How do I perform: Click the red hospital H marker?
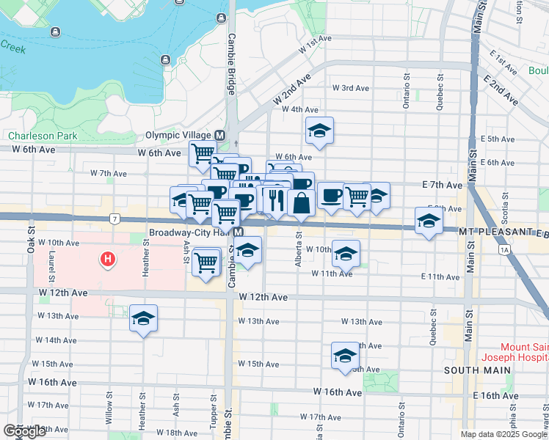[x=108, y=259]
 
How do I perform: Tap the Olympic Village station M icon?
[x=219, y=135]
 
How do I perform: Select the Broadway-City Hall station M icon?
[x=239, y=232]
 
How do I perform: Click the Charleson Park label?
[x=43, y=136]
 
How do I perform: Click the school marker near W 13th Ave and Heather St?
[x=144, y=319]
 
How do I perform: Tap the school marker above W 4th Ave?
[x=320, y=131]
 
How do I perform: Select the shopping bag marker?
[x=301, y=203]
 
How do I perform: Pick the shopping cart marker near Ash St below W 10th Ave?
[x=207, y=262]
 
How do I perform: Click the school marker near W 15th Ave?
[x=345, y=356]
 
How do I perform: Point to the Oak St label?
[x=32, y=238]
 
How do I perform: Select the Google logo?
[x=24, y=431]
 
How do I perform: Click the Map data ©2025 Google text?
[x=504, y=434]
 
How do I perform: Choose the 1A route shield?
[x=503, y=250]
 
